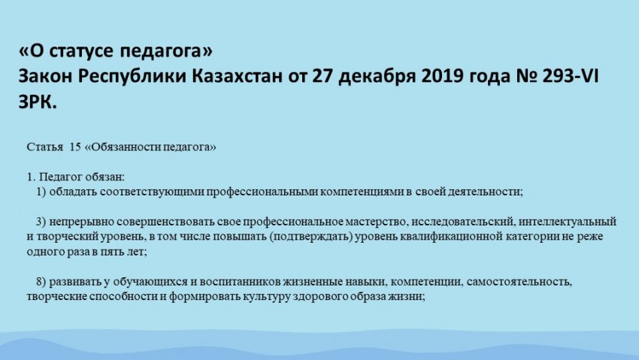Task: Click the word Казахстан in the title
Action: pyautogui.click(x=237, y=76)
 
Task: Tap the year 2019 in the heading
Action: pyautogui.click(x=443, y=76)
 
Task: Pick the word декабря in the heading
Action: pyautogui.click(x=377, y=77)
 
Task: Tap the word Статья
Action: pyautogui.click(x=45, y=147)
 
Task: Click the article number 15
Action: pyautogui.click(x=75, y=147)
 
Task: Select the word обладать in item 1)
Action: pyautogui.click(x=73, y=192)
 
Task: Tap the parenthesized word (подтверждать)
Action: pyautogui.click(x=311, y=237)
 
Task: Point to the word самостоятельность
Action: pyautogui.click(x=519, y=282)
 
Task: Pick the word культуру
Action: pyautogui.click(x=267, y=297)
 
